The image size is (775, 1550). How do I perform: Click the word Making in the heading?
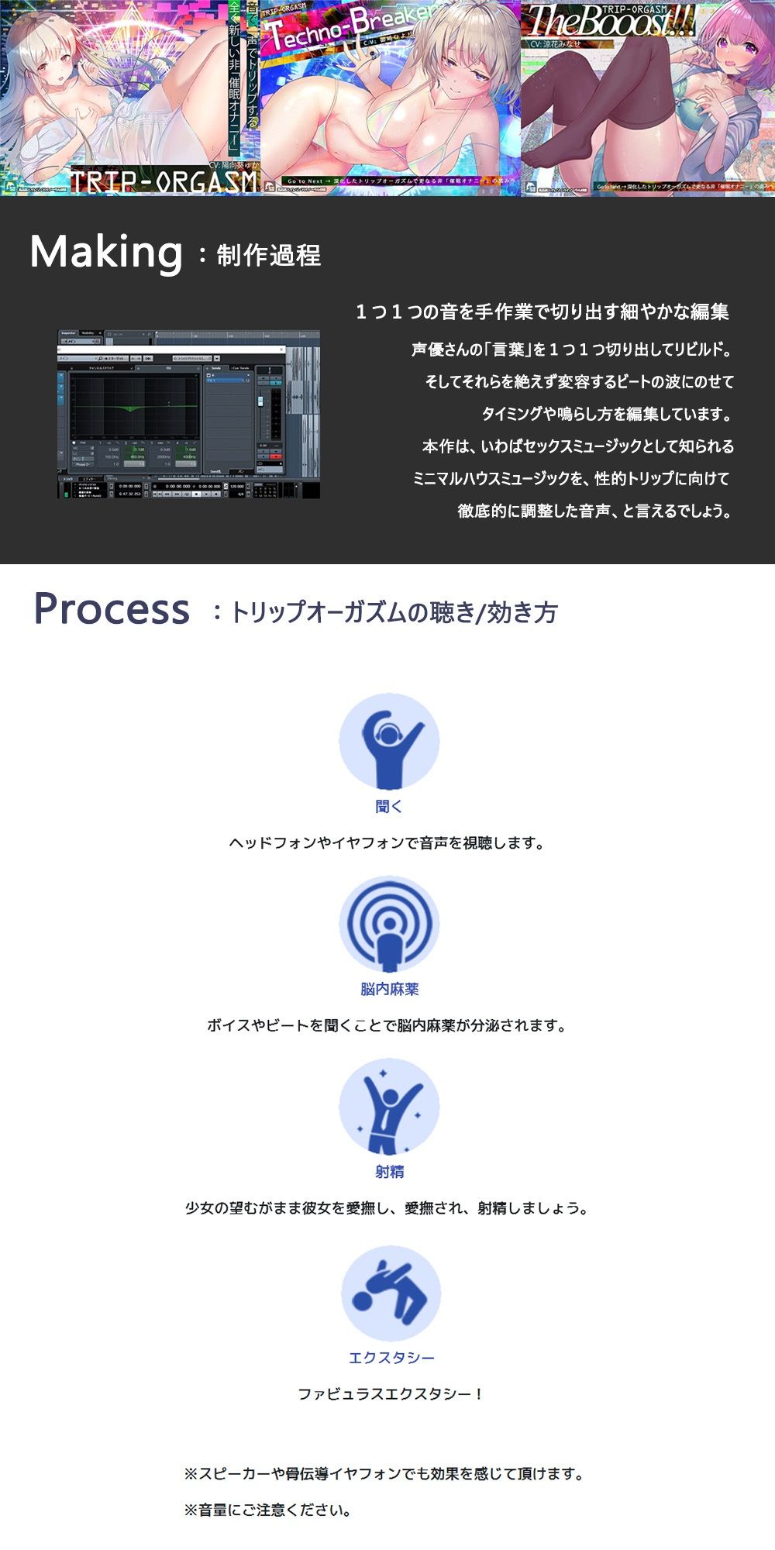coord(106,253)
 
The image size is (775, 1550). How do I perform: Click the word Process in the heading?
coord(112,609)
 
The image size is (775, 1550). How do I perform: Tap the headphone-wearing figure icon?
coord(389,742)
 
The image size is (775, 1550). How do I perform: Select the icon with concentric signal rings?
coord(389,925)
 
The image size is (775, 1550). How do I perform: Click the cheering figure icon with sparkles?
coord(389,1107)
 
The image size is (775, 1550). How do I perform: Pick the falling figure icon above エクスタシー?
coord(391,1293)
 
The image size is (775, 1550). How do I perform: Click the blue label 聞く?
coord(389,807)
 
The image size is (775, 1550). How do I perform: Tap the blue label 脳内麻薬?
coord(389,989)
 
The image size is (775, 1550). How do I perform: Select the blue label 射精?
coord(389,1172)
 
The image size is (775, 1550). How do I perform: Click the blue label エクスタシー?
coord(391,1358)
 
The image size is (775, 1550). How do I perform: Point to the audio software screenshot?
coord(188,415)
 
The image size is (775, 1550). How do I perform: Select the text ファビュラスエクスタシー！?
coord(391,1394)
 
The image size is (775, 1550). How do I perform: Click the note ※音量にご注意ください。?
coord(268,1510)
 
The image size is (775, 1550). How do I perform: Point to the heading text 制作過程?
coord(268,256)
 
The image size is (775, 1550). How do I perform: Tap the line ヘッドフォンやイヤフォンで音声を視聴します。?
coord(387,843)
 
